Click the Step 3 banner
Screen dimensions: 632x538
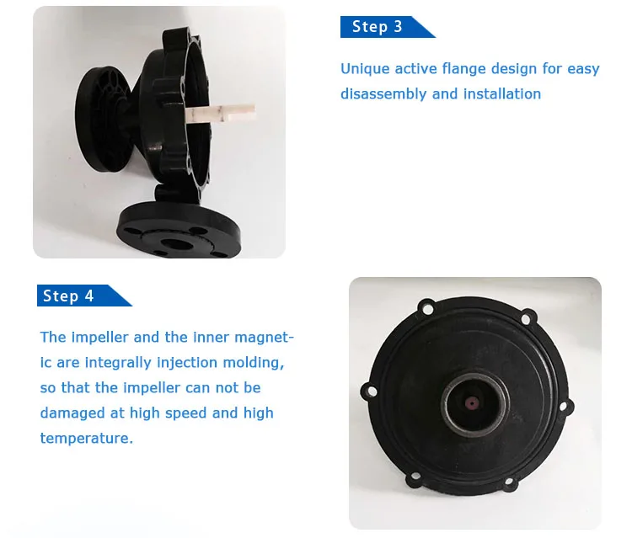(x=387, y=27)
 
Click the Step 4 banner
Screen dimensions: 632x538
(x=83, y=296)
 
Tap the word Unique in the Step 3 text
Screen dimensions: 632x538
(x=365, y=69)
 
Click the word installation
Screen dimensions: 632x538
(x=502, y=93)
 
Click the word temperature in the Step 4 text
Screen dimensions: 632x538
(x=86, y=438)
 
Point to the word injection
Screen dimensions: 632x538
(x=187, y=363)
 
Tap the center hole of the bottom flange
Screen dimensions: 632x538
(x=176, y=243)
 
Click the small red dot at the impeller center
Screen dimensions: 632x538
(x=471, y=402)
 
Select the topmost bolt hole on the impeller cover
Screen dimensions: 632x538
(x=427, y=309)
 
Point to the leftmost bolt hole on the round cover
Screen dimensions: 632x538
(x=372, y=392)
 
